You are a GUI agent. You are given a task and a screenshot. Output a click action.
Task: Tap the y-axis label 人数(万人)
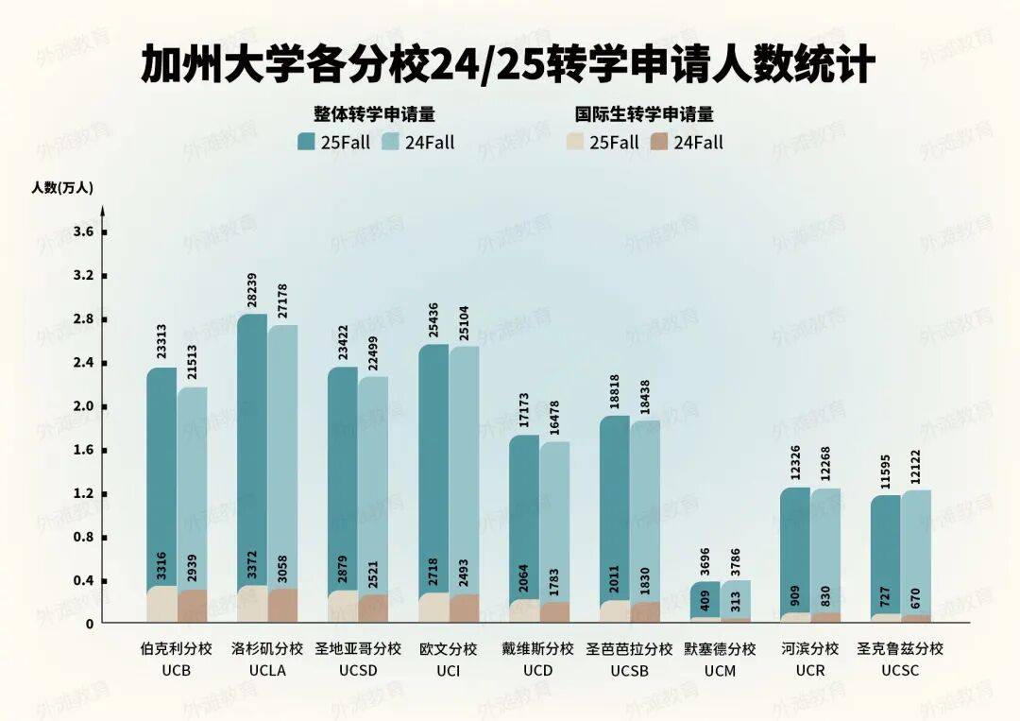(x=62, y=187)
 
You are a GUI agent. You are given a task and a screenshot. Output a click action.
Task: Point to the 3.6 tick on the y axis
(x=84, y=232)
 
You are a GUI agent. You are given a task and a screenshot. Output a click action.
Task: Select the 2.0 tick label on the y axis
(x=84, y=406)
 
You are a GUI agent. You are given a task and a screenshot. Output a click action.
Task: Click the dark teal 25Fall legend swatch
(x=306, y=143)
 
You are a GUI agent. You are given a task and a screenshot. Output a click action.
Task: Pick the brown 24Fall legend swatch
(x=659, y=143)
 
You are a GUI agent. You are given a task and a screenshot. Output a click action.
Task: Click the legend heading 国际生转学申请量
(x=644, y=114)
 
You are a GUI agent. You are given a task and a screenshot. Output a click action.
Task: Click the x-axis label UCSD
(x=358, y=671)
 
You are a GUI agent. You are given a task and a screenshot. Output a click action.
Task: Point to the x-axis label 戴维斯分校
(x=538, y=649)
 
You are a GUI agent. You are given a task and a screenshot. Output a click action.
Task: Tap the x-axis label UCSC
(x=900, y=671)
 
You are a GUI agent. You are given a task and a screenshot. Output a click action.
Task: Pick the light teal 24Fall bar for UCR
(x=826, y=548)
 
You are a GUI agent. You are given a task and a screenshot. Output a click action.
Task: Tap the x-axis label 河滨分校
(x=810, y=649)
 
